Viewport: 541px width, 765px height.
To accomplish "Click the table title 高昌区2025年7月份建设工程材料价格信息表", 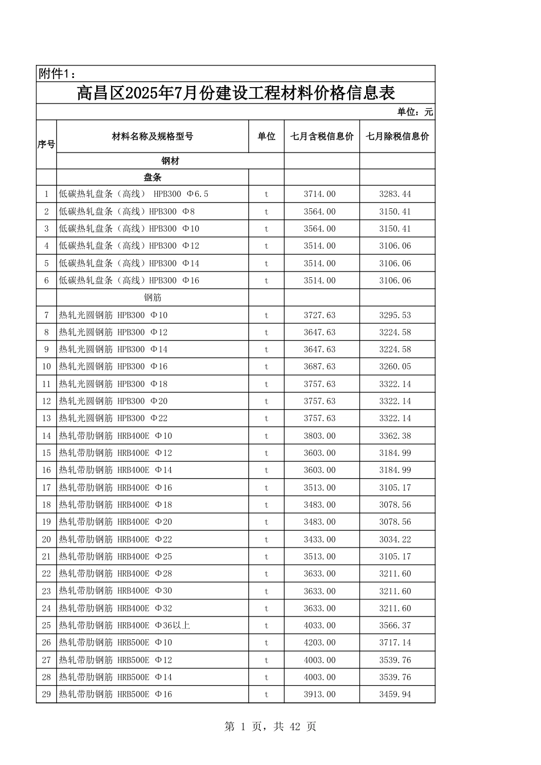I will tap(236, 93).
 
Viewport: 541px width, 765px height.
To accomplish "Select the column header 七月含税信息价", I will tap(322, 137).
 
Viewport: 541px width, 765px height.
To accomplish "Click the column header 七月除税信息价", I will tap(397, 137).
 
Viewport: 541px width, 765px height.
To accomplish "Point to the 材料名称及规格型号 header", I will tap(153, 137).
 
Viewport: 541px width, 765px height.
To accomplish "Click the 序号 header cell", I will tap(46, 145).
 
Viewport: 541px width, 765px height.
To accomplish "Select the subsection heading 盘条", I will tap(153, 178).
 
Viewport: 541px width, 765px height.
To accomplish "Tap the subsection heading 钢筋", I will tap(153, 298).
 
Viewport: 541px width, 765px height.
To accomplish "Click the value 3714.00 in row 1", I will tap(319, 194).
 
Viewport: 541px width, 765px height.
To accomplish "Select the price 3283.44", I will tap(395, 194).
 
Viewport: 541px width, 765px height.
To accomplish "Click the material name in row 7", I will tap(113, 315).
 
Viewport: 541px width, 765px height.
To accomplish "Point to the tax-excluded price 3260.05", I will tap(395, 367).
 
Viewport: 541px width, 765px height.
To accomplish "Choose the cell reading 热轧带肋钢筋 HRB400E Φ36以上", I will tap(125, 626).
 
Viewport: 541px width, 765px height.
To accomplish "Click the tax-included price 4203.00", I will tap(319, 643).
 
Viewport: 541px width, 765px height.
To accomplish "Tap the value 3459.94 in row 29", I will tap(395, 694).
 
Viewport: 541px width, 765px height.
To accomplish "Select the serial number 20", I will tap(46, 540).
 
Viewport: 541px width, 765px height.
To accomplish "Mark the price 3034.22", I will tap(395, 540).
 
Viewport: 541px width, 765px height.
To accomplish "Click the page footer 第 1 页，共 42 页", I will tap(270, 726).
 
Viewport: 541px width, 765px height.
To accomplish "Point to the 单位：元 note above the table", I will tap(415, 112).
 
